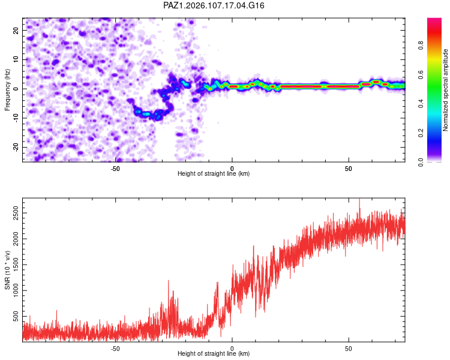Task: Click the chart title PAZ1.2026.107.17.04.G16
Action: tap(214, 5)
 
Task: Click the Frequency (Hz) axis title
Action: tap(7, 90)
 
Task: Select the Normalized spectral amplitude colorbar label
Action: tap(445, 90)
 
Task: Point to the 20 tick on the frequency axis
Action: tap(16, 30)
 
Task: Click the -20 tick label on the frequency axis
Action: tap(16, 147)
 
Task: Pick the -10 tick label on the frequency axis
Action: tap(16, 118)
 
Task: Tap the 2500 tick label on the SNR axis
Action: tap(16, 213)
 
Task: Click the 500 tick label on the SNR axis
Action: tap(16, 317)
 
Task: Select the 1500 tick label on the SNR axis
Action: tap(16, 265)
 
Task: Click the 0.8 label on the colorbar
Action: tap(421, 45)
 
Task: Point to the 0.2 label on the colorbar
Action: tap(421, 133)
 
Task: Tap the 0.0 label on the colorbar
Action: tap(421, 163)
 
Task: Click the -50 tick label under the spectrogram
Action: tap(115, 169)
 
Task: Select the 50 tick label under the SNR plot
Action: tap(349, 349)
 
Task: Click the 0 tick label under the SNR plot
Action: tap(232, 349)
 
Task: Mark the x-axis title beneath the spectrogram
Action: tap(214, 173)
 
